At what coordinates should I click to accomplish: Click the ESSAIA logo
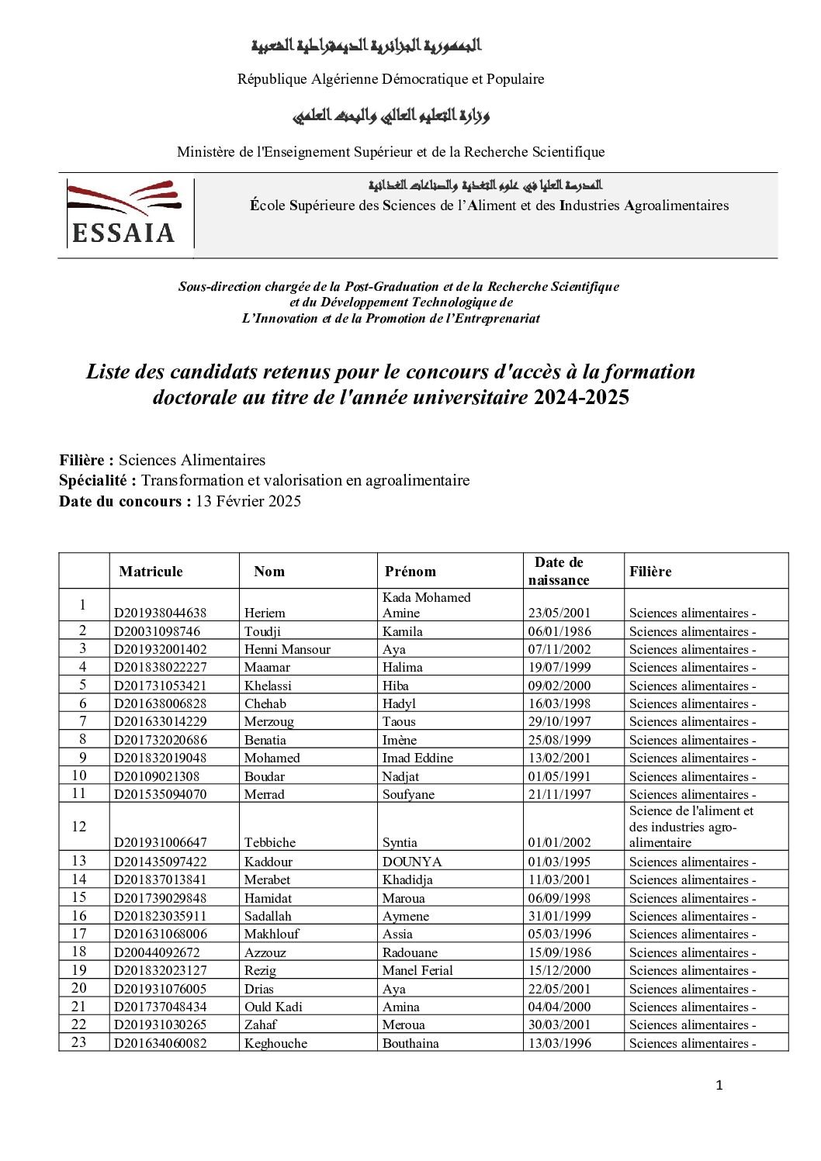pyautogui.click(x=124, y=213)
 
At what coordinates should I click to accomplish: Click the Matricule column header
pyautogui.click(x=151, y=572)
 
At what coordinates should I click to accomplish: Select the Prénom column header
pyautogui.click(x=410, y=572)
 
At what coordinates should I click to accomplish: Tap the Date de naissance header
pyautogui.click(x=558, y=571)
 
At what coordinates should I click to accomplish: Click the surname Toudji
pyautogui.click(x=262, y=631)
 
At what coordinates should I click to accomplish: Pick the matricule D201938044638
pyautogui.click(x=160, y=613)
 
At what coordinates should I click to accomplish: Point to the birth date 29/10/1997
pyautogui.click(x=559, y=721)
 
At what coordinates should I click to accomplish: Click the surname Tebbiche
pyautogui.click(x=269, y=842)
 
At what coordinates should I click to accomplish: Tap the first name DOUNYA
pyautogui.click(x=411, y=862)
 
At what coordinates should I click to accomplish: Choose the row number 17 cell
pyautogui.click(x=79, y=934)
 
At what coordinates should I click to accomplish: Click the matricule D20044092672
pyautogui.click(x=156, y=952)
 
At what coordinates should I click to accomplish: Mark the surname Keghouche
pyautogui.click(x=275, y=1043)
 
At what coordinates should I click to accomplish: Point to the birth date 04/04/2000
pyautogui.click(x=559, y=1007)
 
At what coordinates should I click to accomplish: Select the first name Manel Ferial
pyautogui.click(x=417, y=970)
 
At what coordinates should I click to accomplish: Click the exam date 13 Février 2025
pyautogui.click(x=248, y=501)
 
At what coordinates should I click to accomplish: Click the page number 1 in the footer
pyautogui.click(x=719, y=1086)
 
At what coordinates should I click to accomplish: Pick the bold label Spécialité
pyautogui.click(x=98, y=481)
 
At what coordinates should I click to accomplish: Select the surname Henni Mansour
pyautogui.click(x=287, y=649)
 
